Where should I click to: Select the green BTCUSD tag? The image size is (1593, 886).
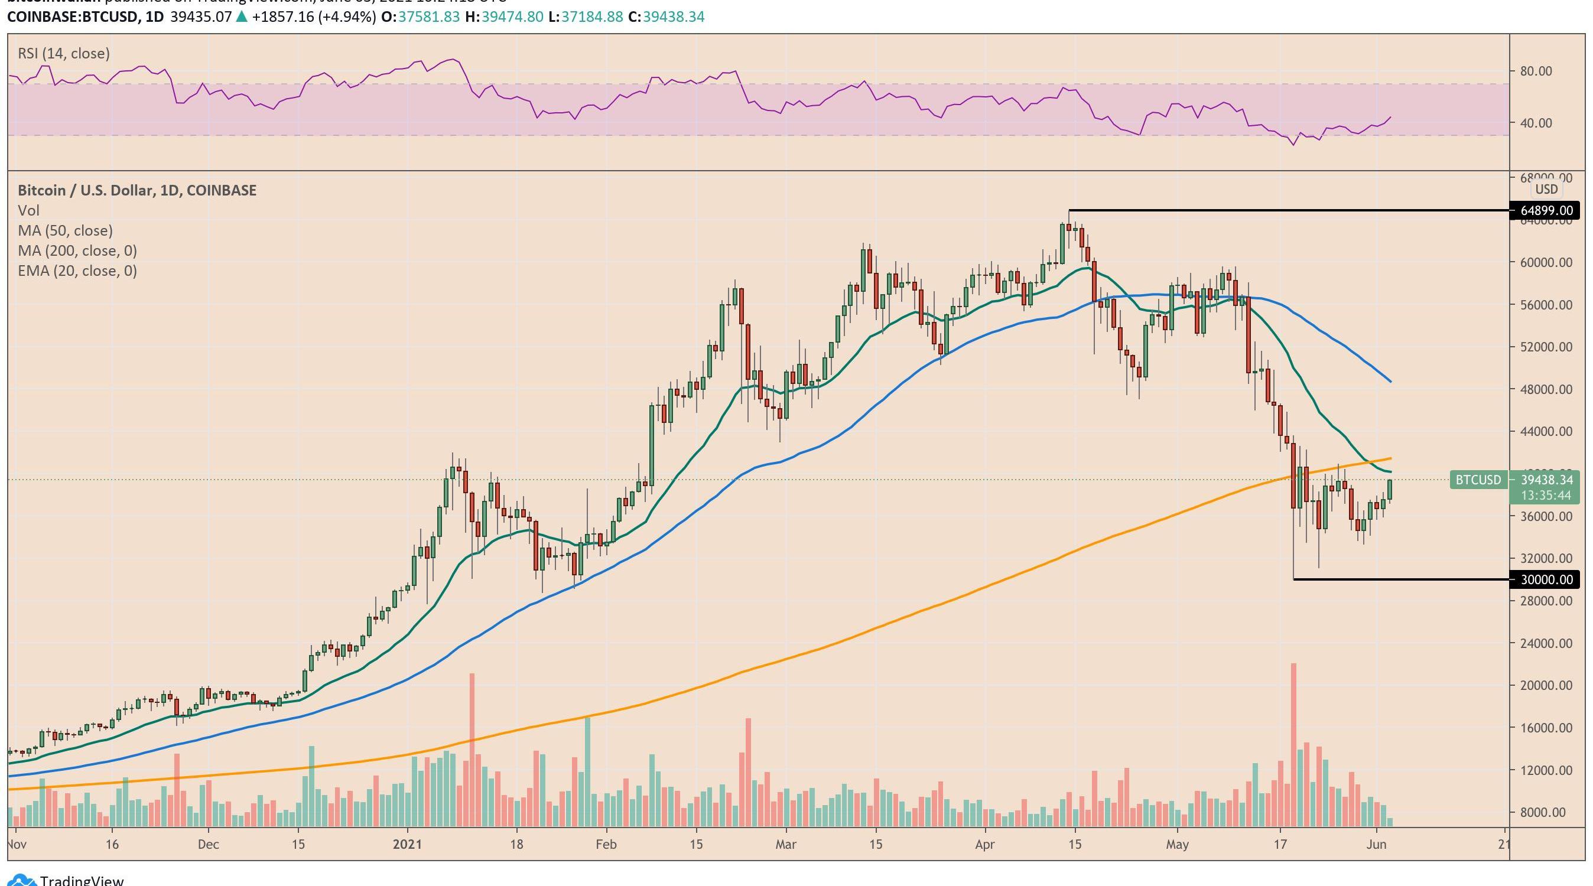pyautogui.click(x=1477, y=480)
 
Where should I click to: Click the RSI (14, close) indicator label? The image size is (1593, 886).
pyautogui.click(x=64, y=54)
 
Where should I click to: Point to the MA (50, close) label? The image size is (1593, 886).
pyautogui.click(x=65, y=230)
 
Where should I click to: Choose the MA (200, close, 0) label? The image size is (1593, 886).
pyautogui.click(x=77, y=250)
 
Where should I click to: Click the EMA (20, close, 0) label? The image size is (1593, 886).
pyautogui.click(x=77, y=271)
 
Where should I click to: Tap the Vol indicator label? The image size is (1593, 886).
pyautogui.click(x=28, y=210)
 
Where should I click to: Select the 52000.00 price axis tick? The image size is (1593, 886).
pyautogui.click(x=1545, y=347)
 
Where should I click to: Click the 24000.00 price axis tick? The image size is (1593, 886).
pyautogui.click(x=1545, y=643)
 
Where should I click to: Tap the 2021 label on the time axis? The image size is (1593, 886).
pyautogui.click(x=407, y=845)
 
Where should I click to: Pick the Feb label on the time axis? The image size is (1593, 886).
pyautogui.click(x=606, y=845)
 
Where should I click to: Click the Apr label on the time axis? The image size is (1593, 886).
pyautogui.click(x=984, y=845)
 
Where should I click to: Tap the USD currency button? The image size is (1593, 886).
pyautogui.click(x=1547, y=189)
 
